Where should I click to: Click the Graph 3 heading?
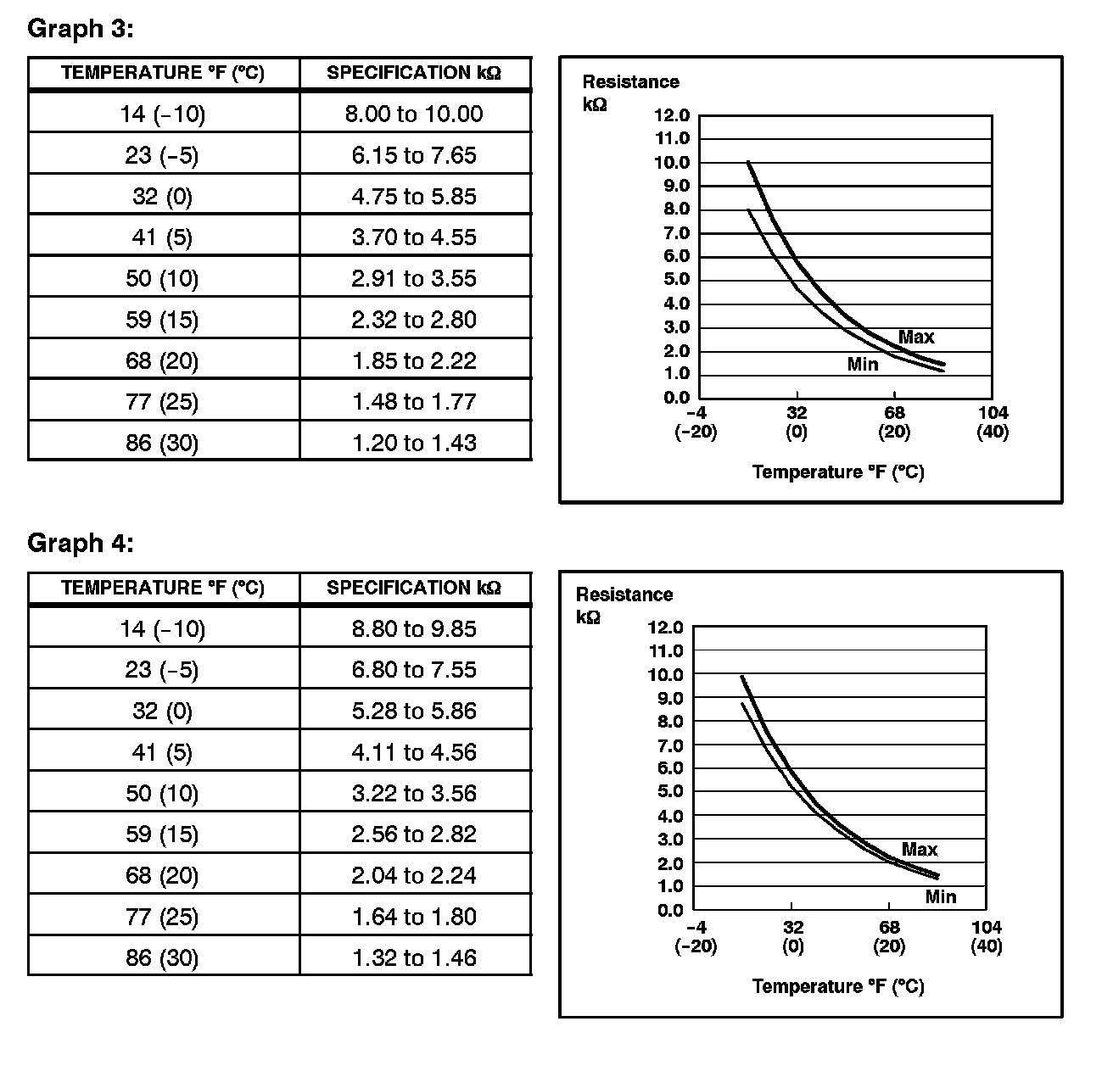[81, 28]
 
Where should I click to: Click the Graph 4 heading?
[81, 543]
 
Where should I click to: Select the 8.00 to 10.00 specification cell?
[414, 114]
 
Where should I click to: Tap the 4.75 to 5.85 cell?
[414, 196]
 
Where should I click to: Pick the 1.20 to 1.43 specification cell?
[414, 443]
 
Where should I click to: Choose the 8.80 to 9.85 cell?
[414, 628]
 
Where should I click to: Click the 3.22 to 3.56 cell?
[414, 793]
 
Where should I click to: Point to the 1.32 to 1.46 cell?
[414, 957]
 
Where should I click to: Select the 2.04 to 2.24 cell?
[414, 875]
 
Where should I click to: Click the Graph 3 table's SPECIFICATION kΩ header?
[414, 73]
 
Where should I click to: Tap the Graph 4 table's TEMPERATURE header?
[163, 588]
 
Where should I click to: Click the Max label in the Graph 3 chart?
[916, 337]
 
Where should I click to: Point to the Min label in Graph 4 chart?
[941, 896]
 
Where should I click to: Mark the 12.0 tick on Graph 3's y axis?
[672, 115]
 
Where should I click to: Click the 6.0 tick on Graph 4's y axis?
[665, 768]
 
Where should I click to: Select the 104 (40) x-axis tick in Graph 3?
[993, 422]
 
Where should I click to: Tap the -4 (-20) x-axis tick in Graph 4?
[696, 936]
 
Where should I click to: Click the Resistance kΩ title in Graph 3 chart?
[630, 92]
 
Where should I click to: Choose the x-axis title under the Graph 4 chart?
[837, 986]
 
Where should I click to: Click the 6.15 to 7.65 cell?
[414, 155]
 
